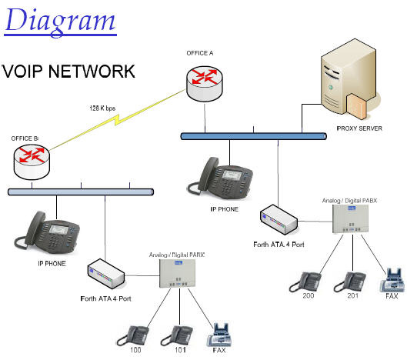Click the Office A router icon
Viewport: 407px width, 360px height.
(205, 84)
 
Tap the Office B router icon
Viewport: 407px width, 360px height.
(32, 162)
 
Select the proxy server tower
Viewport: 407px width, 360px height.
(349, 79)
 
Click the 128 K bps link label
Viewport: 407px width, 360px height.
(102, 108)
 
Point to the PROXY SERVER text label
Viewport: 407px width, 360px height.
(359, 128)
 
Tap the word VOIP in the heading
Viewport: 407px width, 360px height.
(22, 71)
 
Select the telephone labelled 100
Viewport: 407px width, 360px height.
(133, 335)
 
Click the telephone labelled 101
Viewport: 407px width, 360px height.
(177, 335)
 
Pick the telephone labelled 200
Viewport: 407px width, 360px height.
(305, 282)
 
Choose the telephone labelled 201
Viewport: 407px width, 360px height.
(350, 282)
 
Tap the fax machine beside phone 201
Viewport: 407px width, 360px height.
(392, 280)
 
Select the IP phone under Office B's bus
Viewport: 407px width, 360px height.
(47, 233)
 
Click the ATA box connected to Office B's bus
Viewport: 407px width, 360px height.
(106, 274)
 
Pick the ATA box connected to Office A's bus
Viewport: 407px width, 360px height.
(279, 220)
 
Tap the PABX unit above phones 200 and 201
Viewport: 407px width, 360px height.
(350, 218)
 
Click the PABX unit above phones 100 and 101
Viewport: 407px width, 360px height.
(177, 273)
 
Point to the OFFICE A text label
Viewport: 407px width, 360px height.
(200, 53)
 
